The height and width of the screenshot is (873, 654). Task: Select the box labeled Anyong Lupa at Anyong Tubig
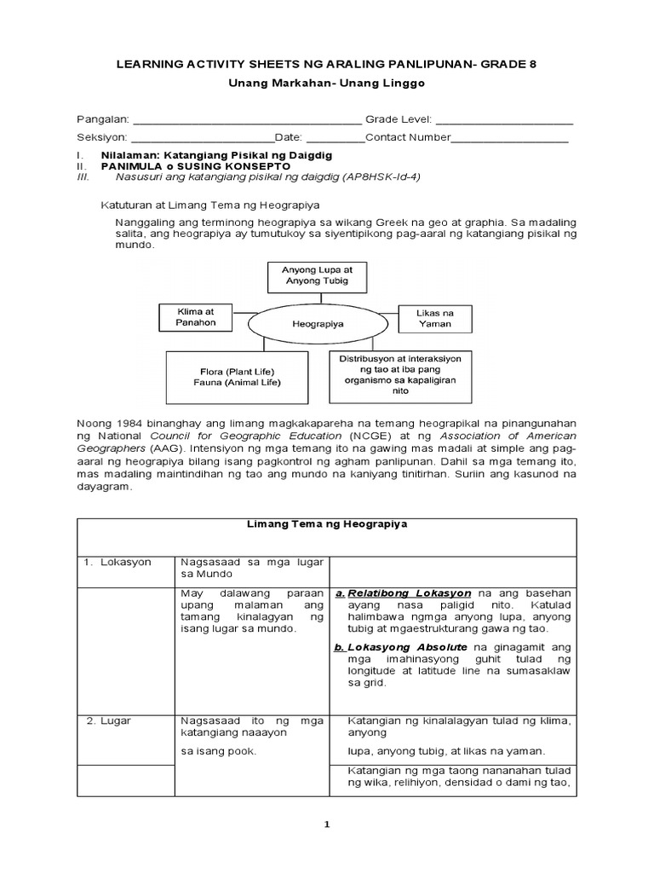tap(311, 275)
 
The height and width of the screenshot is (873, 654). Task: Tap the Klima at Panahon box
tap(196, 317)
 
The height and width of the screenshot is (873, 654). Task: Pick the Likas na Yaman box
tap(435, 318)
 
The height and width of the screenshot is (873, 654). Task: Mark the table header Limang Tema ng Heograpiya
tap(327, 524)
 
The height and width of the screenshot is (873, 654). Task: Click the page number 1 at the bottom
tap(327, 824)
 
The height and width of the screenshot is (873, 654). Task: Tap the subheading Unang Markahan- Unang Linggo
tap(326, 84)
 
